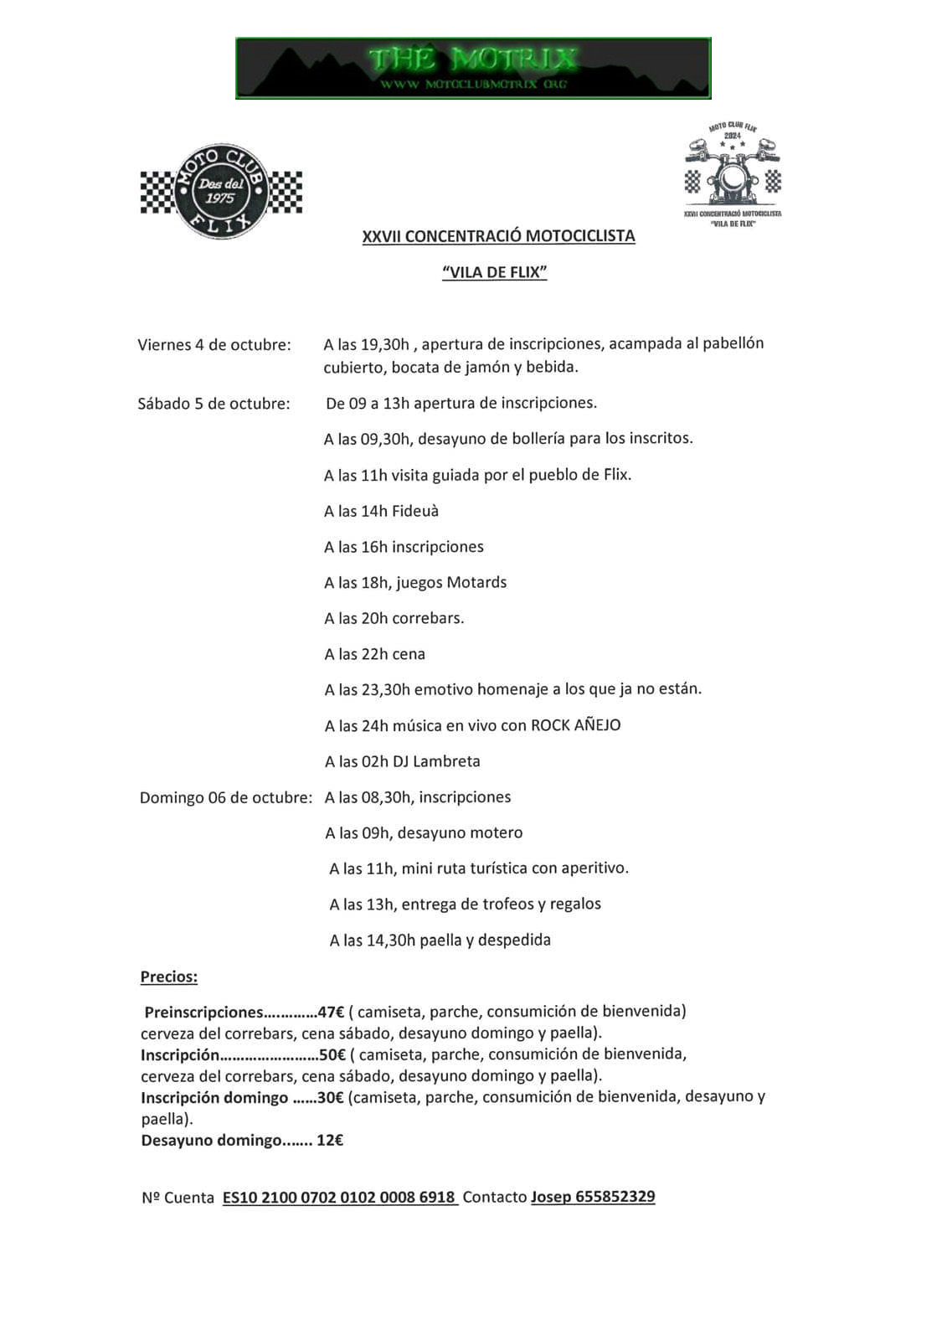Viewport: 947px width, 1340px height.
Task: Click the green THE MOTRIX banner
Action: click(x=473, y=68)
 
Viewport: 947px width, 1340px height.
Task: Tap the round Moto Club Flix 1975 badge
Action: click(x=221, y=191)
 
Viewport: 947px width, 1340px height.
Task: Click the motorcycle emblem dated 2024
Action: click(x=733, y=172)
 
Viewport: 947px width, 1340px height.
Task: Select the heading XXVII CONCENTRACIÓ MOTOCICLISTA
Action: click(x=498, y=236)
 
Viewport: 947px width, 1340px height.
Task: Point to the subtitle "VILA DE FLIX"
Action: click(x=495, y=272)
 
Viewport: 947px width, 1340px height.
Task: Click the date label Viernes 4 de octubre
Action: click(x=214, y=344)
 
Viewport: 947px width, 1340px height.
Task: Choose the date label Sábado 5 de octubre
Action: click(x=214, y=404)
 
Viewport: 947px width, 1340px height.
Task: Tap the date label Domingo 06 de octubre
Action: click(x=226, y=797)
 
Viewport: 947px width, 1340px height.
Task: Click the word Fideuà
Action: click(x=414, y=511)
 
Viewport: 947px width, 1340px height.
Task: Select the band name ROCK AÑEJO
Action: click(x=576, y=725)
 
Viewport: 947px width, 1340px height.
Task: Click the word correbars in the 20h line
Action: click(x=428, y=618)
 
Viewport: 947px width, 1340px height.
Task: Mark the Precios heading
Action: click(x=169, y=977)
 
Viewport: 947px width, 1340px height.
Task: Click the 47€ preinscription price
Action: click(x=331, y=1011)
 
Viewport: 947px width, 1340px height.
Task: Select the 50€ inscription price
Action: click(x=332, y=1054)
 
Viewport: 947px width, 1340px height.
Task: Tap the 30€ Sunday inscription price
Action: click(x=331, y=1097)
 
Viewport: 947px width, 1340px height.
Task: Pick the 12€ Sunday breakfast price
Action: click(x=330, y=1140)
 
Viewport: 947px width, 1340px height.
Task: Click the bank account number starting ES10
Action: click(x=339, y=1197)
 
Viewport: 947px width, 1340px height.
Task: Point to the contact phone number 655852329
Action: click(x=615, y=1197)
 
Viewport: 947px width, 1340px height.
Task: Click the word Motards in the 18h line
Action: click(x=476, y=582)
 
